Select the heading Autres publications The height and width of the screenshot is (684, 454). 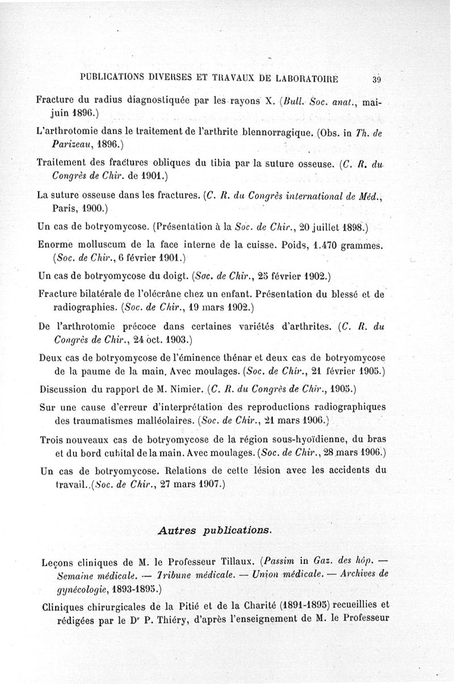click(x=215, y=530)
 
